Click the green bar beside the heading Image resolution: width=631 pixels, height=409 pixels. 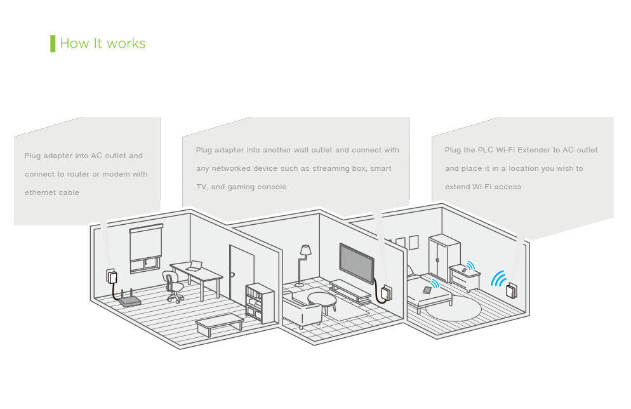point(53,43)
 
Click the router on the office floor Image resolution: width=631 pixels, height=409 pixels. point(130,300)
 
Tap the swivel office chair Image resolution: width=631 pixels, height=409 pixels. point(172,286)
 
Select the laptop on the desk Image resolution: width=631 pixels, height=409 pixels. point(194,266)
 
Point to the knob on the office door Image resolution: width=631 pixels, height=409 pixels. point(233,274)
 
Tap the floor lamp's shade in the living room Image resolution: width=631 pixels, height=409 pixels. point(305,250)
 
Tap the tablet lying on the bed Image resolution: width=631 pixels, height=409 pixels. point(427,290)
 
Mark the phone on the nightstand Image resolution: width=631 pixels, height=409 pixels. point(464,269)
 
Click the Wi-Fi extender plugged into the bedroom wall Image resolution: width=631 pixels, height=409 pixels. point(511,291)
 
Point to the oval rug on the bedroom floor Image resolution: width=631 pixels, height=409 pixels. point(453,309)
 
